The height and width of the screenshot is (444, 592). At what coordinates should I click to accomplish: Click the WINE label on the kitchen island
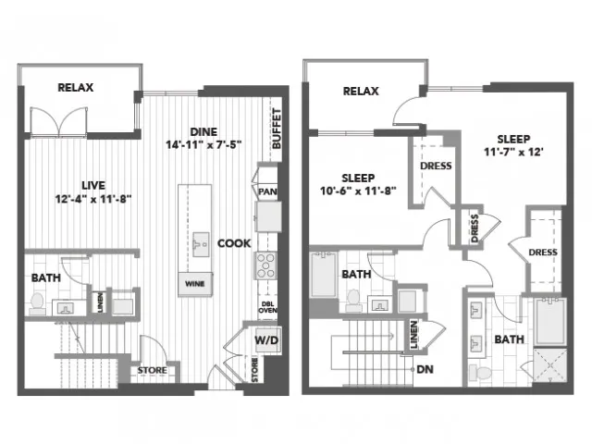click(x=195, y=284)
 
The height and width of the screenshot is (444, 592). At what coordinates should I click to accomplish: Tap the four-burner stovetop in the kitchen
click(x=265, y=265)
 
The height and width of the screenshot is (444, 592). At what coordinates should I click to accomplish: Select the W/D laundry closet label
click(x=266, y=340)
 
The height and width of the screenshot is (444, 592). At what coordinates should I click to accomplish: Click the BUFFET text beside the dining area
click(x=277, y=129)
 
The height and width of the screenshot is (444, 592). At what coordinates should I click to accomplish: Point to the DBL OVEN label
click(x=267, y=307)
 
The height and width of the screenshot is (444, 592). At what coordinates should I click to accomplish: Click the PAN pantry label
click(x=267, y=191)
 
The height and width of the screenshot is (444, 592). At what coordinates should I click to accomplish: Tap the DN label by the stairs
click(x=425, y=369)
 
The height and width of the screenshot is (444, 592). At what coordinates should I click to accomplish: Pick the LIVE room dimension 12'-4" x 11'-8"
click(x=93, y=199)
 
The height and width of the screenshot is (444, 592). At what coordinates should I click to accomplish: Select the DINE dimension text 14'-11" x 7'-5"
click(x=203, y=144)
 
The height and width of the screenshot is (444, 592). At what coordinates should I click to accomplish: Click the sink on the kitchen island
click(x=201, y=244)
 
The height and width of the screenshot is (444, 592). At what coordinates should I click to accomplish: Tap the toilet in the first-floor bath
click(x=37, y=303)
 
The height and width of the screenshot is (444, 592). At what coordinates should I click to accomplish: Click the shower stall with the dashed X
click(x=549, y=365)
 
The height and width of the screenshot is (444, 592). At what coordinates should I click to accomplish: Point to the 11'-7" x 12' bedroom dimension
click(x=513, y=152)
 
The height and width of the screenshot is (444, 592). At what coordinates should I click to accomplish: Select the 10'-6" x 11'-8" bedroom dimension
click(x=358, y=191)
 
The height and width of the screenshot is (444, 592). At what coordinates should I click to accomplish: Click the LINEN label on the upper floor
click(x=414, y=335)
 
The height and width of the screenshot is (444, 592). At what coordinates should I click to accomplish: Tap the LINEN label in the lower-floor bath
click(x=100, y=302)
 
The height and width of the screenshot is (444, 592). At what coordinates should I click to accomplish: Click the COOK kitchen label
click(x=234, y=243)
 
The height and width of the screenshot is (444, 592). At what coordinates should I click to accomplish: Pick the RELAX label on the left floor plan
click(x=76, y=88)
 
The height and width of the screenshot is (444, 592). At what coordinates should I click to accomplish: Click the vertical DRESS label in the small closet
click(x=475, y=228)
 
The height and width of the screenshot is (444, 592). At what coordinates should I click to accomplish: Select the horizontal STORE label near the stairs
click(x=152, y=370)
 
